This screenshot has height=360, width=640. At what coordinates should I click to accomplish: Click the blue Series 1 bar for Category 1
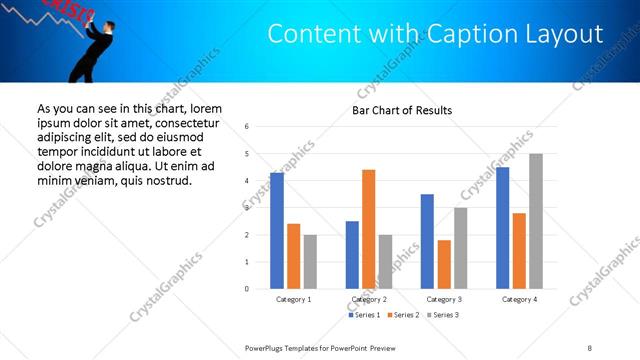pos(277,231)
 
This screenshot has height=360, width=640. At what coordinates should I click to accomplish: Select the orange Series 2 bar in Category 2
pos(368,229)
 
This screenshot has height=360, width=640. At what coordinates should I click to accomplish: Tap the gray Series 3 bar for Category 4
pos(536,221)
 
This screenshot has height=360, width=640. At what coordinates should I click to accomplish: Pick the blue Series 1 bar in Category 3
pos(427,241)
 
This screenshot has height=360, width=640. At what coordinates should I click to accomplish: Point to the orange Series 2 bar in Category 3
pos(444,264)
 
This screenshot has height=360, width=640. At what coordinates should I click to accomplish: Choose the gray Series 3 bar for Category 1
pos(310,262)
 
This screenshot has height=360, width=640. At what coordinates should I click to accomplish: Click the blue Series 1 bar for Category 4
pos(503,228)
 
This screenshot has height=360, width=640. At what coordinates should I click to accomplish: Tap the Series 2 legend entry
pos(402,315)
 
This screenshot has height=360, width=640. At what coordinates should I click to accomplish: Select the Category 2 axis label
pos(369,299)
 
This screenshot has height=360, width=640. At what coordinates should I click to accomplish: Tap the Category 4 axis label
pos(519,299)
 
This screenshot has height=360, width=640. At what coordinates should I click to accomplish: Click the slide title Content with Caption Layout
pos(435,34)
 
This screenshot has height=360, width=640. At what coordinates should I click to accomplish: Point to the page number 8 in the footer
pos(590,347)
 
